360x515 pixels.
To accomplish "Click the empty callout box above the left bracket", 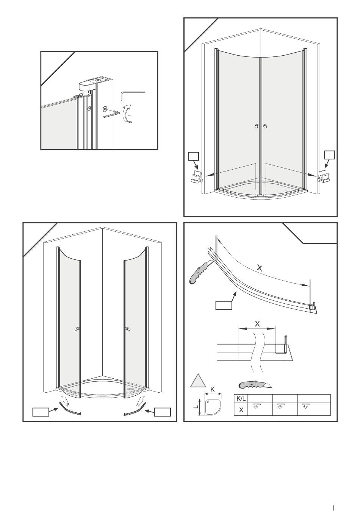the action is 193,156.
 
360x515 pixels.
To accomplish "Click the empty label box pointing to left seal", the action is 41,412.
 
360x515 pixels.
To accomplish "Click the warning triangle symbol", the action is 197,381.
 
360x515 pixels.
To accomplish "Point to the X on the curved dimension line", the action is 260,268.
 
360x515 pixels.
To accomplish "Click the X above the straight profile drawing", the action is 257,324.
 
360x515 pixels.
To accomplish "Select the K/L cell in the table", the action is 241,398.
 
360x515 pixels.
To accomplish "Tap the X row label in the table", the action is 241,409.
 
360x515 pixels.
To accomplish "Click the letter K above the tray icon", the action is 213,389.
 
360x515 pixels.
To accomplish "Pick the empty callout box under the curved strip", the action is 224,305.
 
